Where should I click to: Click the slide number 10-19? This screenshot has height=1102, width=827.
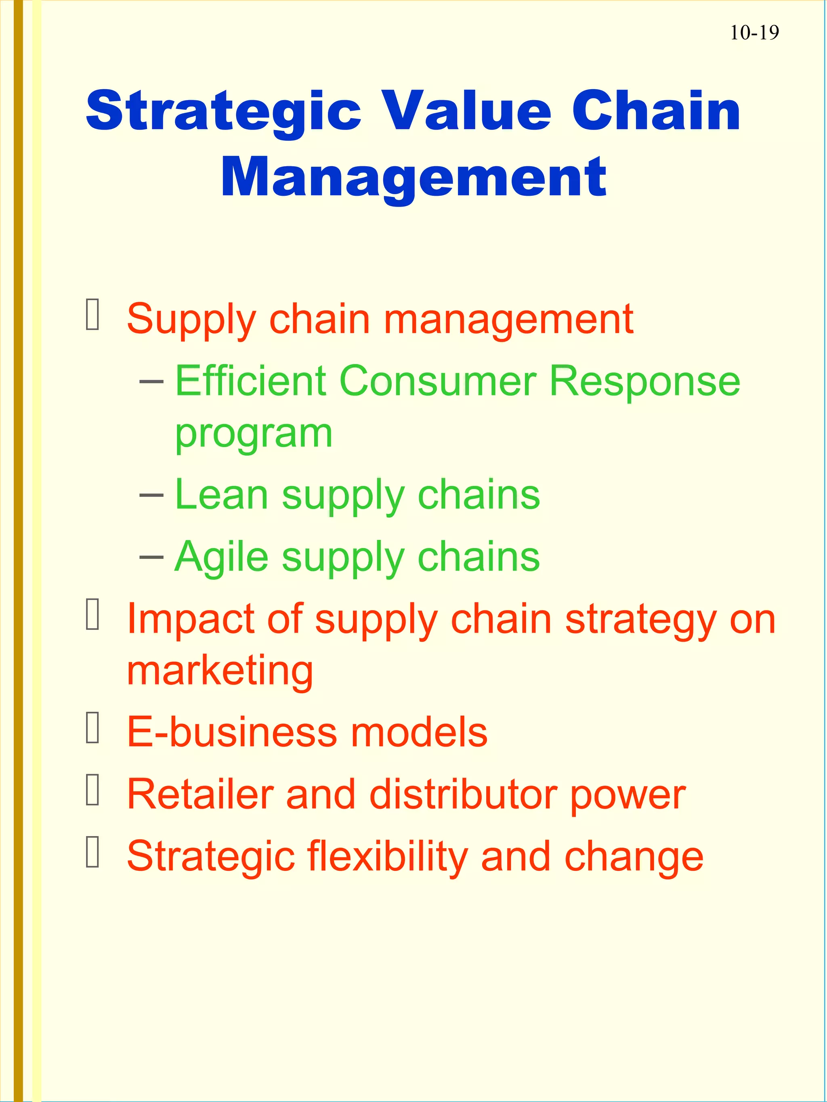pos(754,33)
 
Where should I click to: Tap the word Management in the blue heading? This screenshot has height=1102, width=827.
pos(414,177)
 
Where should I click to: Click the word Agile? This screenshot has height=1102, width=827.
pos(221,556)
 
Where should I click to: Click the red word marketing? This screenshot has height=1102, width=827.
pos(220,671)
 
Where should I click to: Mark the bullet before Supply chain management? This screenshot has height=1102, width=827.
pos(93,314)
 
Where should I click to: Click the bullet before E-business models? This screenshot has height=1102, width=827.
pos(93,728)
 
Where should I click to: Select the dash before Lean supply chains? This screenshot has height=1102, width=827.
pos(151,494)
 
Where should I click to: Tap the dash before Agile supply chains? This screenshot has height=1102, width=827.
pos(151,556)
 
